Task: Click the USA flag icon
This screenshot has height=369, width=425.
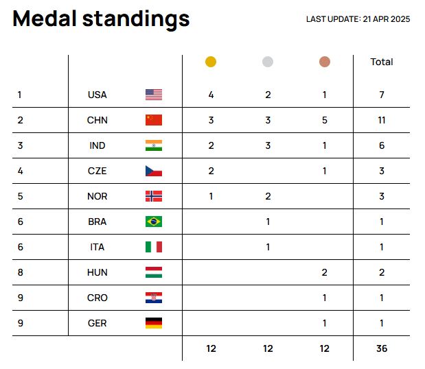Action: pos(154,95)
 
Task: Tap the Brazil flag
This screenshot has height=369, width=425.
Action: pos(154,222)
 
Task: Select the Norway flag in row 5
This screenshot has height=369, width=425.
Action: pos(154,196)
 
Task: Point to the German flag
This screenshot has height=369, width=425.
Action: pos(154,323)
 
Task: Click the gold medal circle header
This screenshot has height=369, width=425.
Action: pos(211,62)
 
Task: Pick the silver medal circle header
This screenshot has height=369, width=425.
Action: pos(268,62)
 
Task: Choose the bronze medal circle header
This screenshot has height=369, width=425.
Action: pos(325,62)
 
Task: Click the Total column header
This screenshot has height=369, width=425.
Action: pos(382,62)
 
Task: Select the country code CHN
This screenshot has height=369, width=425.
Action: pos(97,120)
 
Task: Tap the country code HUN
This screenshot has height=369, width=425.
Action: pos(97,272)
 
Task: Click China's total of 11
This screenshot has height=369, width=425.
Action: pos(382,120)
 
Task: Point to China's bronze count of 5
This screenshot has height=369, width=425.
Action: pos(325,120)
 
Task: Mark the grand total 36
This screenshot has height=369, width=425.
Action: pos(382,348)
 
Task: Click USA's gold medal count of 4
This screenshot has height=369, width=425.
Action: pos(211,95)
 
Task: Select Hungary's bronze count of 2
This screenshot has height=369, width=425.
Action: pos(325,272)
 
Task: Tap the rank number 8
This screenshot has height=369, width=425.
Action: pos(21,272)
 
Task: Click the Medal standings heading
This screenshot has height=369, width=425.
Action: pos(101,19)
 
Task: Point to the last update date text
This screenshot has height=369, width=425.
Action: pos(358,19)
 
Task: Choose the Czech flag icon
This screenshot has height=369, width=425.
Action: pos(154,171)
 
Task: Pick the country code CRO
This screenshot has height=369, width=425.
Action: pos(97,298)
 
